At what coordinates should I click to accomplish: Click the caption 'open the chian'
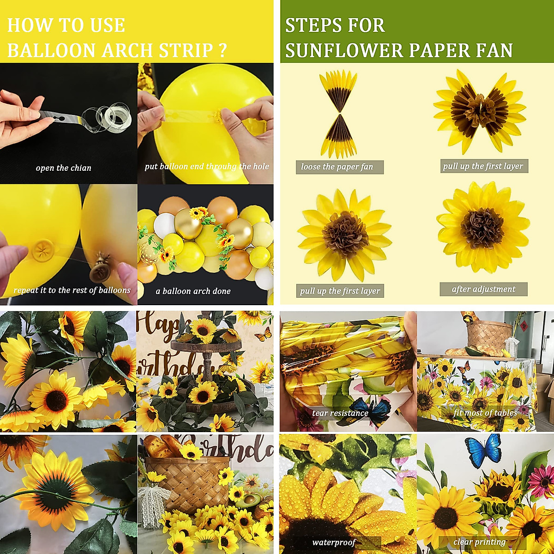click(x=64, y=168)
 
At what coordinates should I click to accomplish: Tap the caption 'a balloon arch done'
click(x=193, y=291)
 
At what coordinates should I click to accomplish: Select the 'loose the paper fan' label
click(x=337, y=167)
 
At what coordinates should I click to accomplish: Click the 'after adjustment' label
click(x=483, y=289)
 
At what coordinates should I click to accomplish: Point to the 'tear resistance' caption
click(x=340, y=413)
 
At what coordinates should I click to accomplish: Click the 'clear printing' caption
click(x=479, y=542)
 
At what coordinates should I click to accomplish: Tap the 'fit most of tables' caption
click(x=485, y=412)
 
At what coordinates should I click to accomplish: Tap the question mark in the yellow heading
click(x=222, y=50)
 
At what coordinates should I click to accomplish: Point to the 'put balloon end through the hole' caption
click(x=206, y=167)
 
